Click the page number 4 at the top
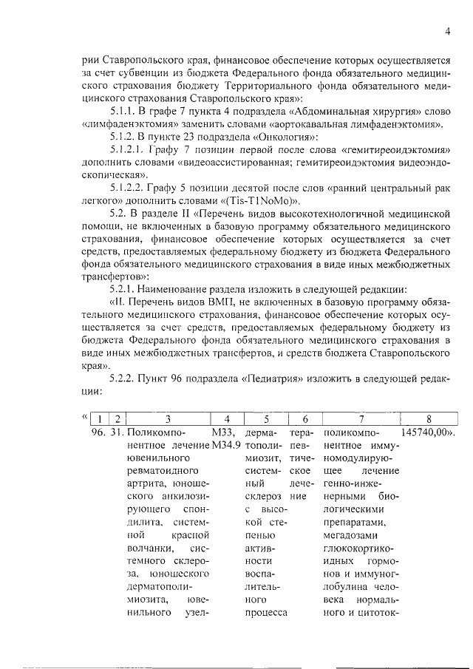coord(448,30)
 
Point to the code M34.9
coord(226,444)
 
